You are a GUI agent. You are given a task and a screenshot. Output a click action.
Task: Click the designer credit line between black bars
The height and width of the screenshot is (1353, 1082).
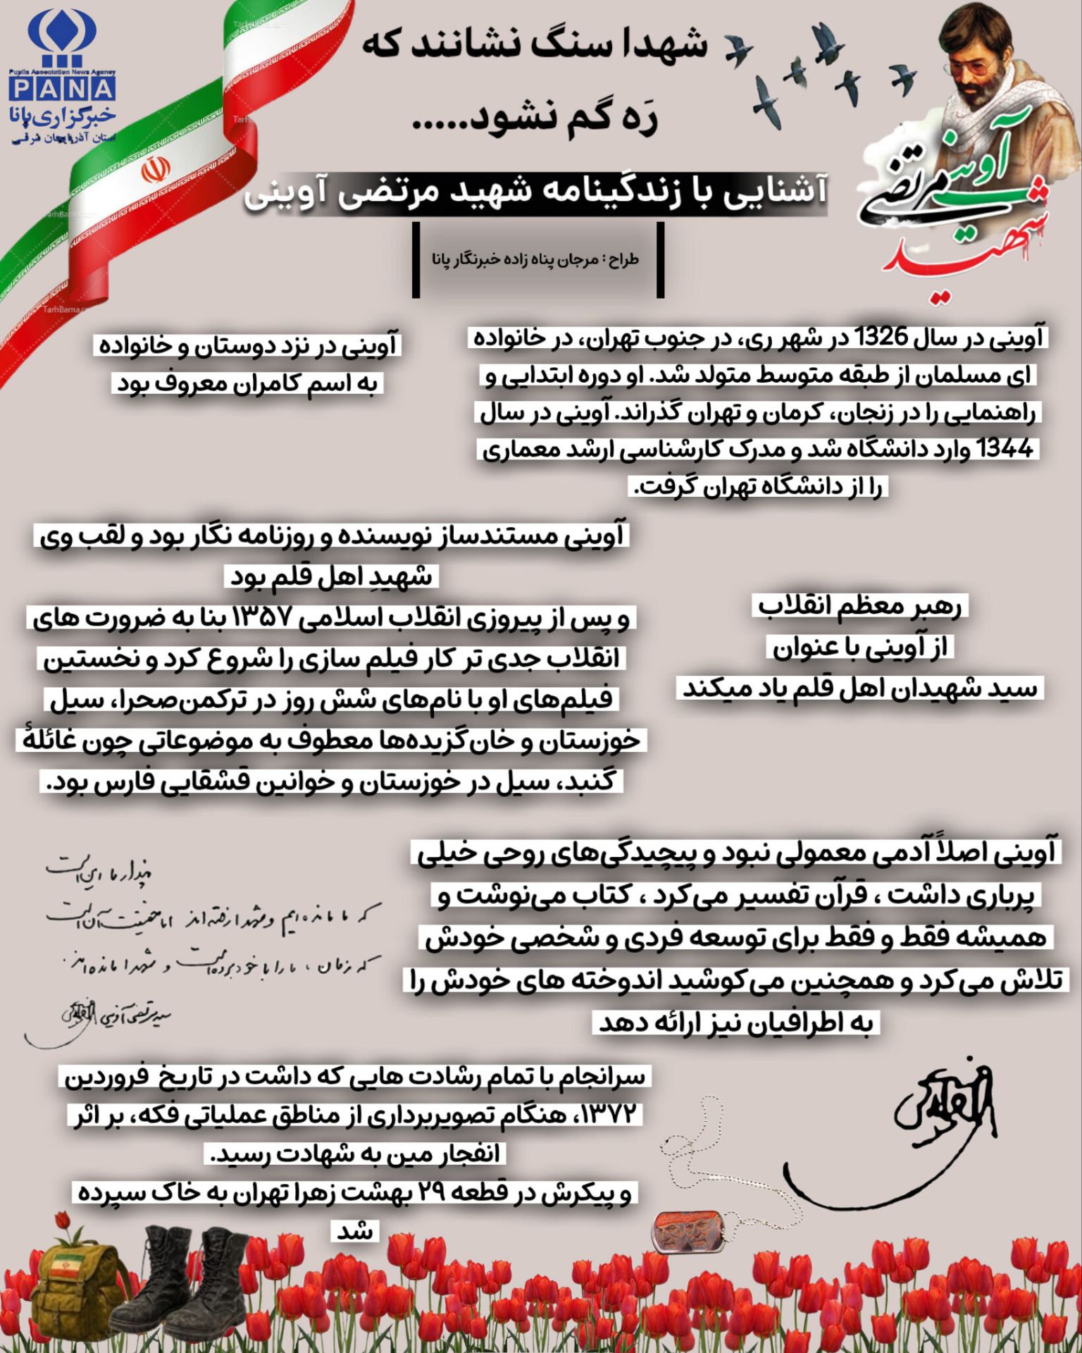click(x=535, y=259)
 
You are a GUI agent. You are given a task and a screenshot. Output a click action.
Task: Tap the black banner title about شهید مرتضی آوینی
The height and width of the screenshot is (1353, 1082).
click(x=535, y=193)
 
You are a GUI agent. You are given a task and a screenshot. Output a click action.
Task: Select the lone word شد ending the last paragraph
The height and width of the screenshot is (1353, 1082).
click(x=355, y=1232)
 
